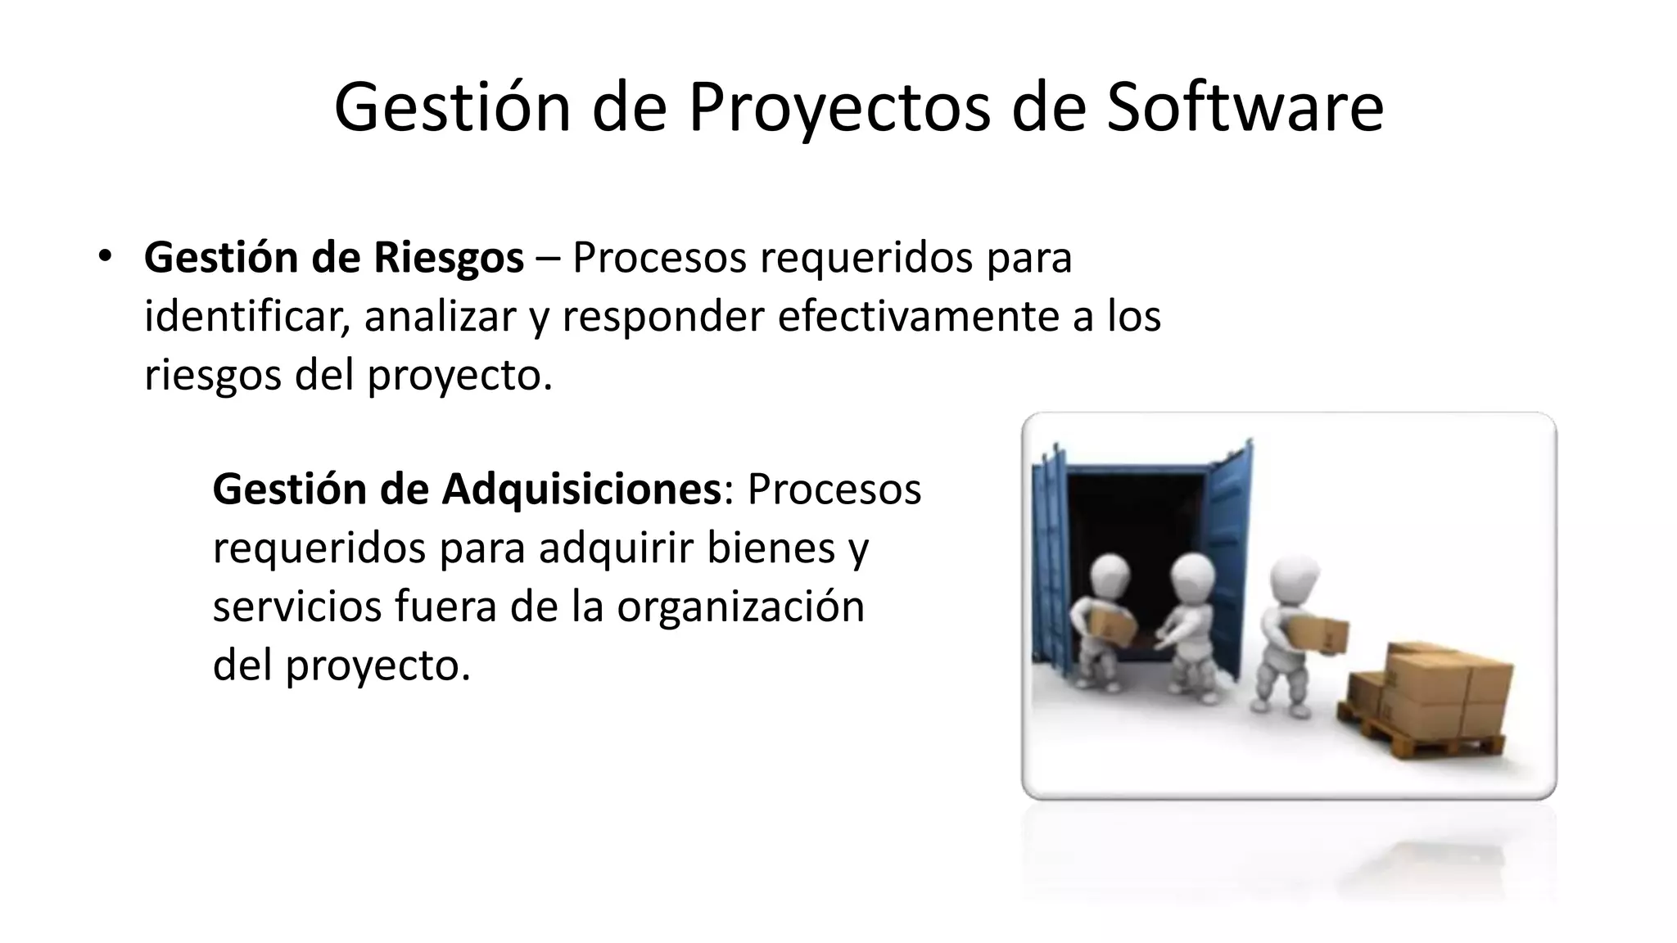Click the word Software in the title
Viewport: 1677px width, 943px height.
(1245, 107)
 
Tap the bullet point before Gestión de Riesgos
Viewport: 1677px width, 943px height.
(103, 256)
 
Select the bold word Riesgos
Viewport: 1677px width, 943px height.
(448, 258)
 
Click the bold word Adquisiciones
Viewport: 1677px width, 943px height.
(581, 489)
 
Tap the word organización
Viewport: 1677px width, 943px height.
(740, 607)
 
